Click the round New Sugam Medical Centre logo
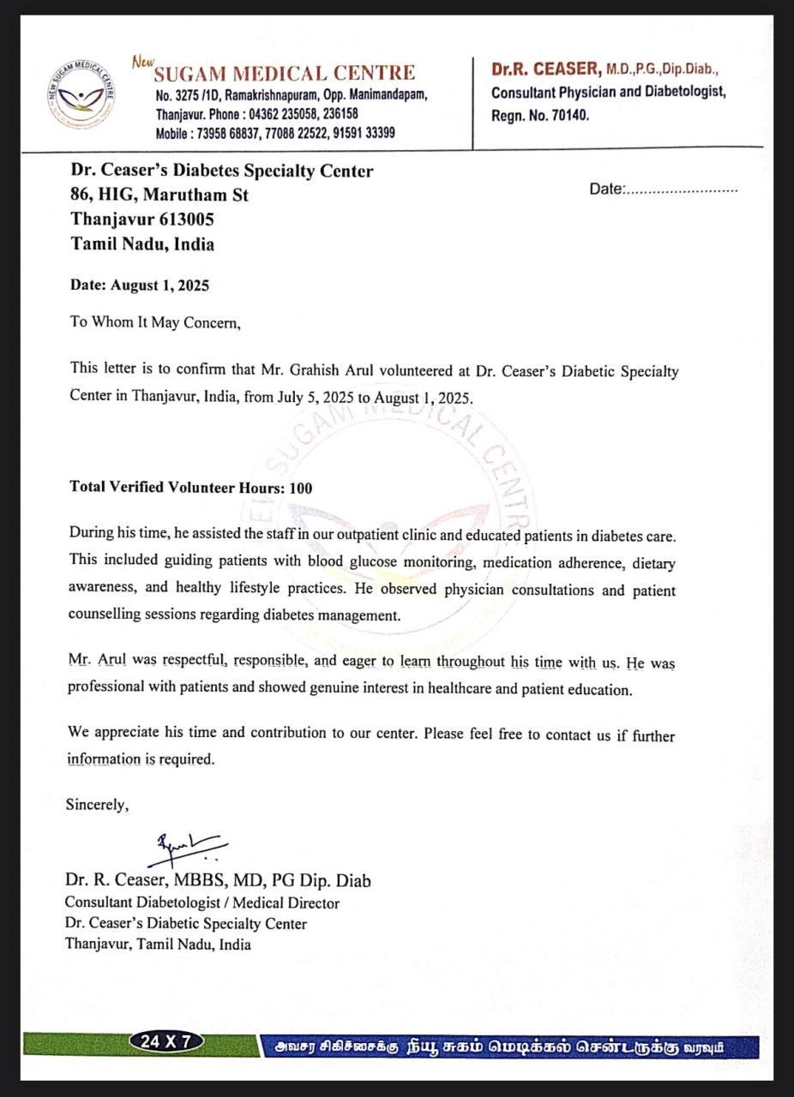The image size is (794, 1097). click(x=81, y=95)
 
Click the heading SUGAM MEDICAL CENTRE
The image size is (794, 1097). click(x=285, y=73)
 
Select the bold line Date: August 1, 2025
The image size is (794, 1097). click(x=139, y=285)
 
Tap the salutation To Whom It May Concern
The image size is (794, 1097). click(x=155, y=323)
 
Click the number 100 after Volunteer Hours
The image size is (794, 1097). click(x=301, y=488)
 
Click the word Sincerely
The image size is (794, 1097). click(x=98, y=805)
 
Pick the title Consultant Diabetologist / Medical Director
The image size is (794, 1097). click(x=202, y=902)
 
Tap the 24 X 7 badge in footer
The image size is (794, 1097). click(x=166, y=1042)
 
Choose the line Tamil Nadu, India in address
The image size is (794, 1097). click(x=142, y=244)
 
